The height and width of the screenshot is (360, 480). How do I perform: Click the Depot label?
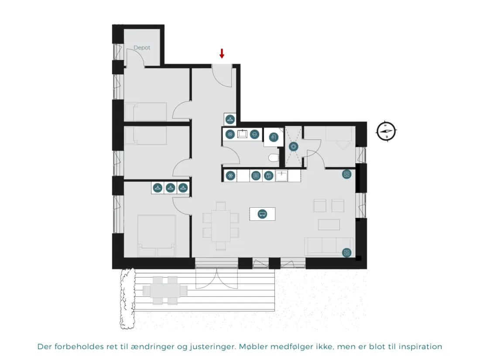click(142, 48)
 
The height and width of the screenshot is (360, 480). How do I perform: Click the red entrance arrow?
click(222, 53)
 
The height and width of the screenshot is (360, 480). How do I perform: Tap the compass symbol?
click(386, 131)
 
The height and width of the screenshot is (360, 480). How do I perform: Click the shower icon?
click(273, 137)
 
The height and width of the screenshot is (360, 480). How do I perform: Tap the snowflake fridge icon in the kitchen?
click(230, 176)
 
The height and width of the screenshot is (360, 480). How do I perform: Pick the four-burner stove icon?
click(256, 176)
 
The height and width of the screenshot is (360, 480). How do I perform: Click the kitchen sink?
click(281, 176)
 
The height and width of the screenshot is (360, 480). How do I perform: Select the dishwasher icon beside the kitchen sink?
click(268, 176)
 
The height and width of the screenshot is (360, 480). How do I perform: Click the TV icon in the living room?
click(262, 214)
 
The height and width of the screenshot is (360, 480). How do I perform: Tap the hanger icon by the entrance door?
click(230, 119)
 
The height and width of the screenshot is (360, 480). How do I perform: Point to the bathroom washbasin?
click(243, 134)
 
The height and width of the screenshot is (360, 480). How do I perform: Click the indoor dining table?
click(220, 226)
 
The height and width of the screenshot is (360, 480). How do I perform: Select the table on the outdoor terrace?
click(165, 291)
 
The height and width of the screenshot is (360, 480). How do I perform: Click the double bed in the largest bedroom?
click(157, 236)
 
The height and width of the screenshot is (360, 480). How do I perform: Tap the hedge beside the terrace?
click(127, 298)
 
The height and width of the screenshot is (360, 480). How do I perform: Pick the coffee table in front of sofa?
click(329, 224)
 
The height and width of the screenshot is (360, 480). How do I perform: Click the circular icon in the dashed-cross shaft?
click(294, 147)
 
